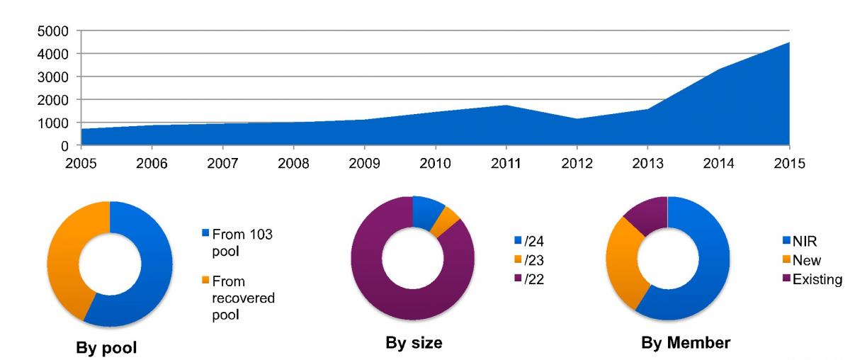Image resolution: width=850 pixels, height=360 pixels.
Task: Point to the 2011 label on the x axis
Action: pos(506,164)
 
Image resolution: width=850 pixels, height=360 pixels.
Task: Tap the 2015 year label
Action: pos(789,164)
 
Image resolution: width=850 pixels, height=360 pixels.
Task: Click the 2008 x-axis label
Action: pos(293,164)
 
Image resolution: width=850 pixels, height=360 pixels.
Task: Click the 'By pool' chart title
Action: pos(106,348)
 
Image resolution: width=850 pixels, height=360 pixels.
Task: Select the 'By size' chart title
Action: pos(414,344)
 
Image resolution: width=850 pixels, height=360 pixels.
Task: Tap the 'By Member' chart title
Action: pos(686,344)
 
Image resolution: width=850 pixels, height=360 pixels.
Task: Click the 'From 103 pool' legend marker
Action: pos(206,232)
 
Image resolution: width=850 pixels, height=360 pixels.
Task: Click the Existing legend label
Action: pos(817,279)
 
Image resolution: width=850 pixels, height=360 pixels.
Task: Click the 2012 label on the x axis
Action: pos(577,164)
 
